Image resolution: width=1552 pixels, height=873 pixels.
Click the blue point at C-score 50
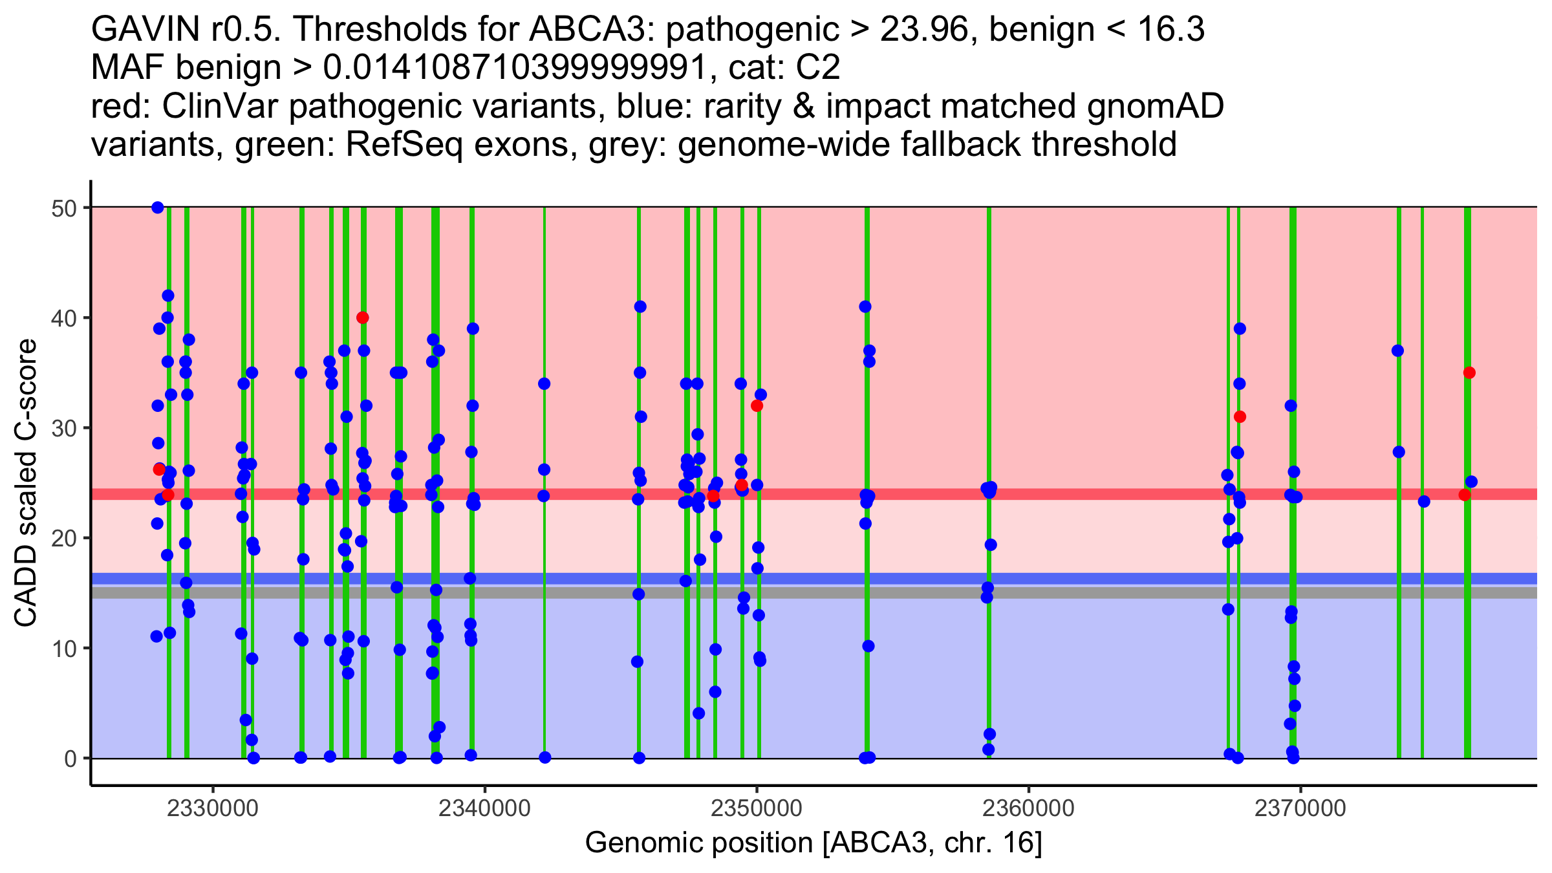[158, 208]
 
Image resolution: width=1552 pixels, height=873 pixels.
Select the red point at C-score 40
[363, 318]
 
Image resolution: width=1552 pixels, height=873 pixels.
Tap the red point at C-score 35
[1469, 372]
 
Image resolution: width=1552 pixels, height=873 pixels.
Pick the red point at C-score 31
[1240, 416]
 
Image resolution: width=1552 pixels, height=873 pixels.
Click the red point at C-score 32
[757, 405]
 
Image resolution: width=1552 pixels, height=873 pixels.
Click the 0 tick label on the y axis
[70, 759]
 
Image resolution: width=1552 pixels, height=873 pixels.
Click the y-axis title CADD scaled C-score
[26, 484]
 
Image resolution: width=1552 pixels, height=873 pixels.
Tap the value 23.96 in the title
[923, 29]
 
